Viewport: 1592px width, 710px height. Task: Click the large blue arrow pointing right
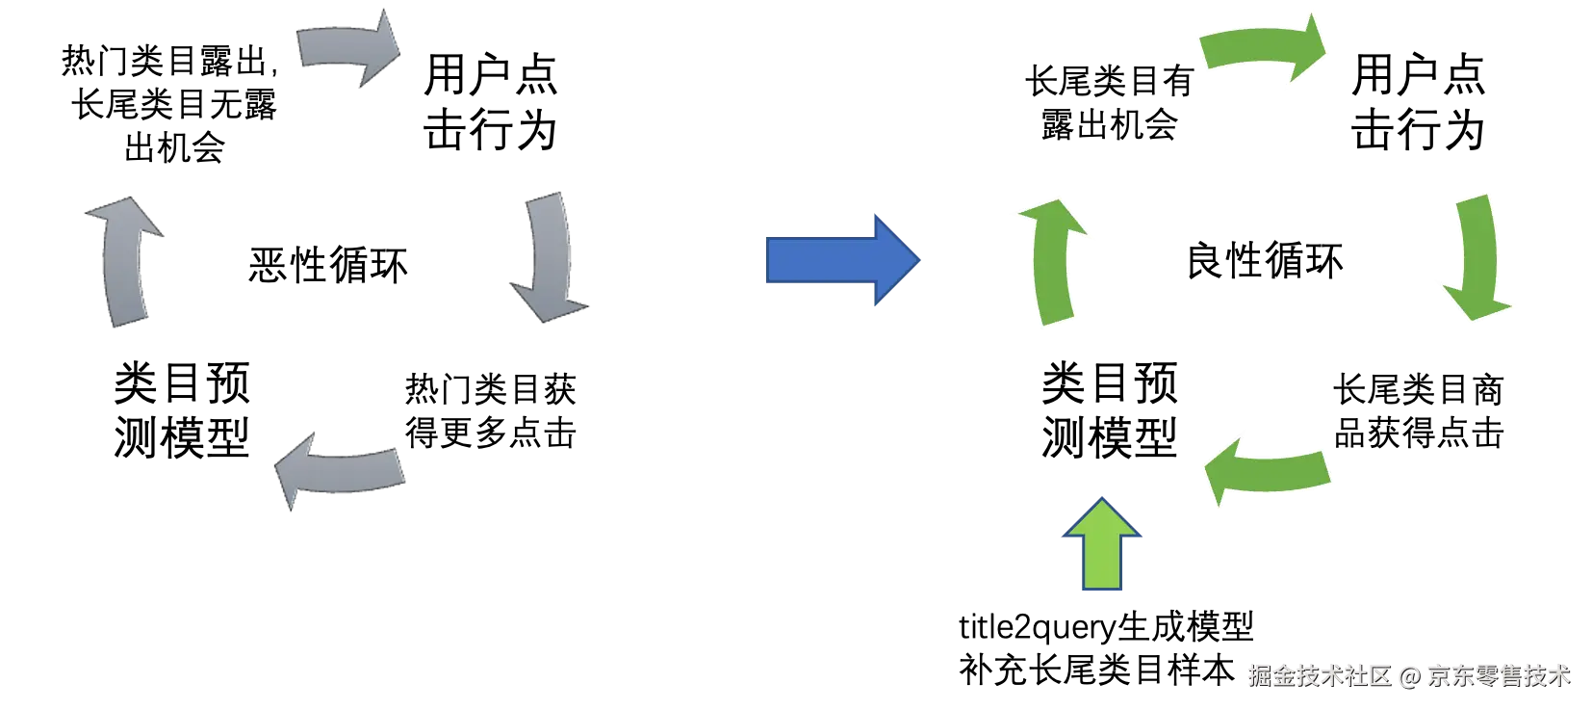837,260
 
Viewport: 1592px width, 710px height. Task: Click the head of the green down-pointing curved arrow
1476,303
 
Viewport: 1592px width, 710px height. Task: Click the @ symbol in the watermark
1409,674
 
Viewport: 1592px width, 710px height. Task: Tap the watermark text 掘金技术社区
1320,674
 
